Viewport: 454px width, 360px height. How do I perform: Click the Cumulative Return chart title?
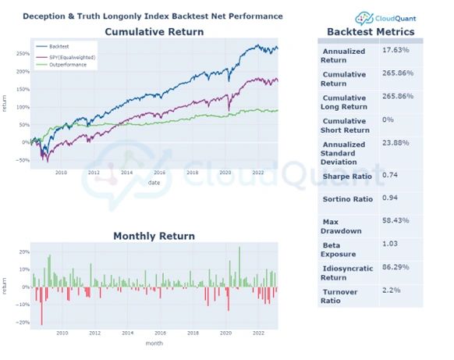click(x=154, y=32)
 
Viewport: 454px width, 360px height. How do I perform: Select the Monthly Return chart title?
click(x=154, y=236)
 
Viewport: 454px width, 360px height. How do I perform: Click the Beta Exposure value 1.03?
click(x=392, y=244)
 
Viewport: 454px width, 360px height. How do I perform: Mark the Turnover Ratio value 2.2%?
click(x=394, y=290)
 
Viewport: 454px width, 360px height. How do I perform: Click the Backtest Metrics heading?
click(x=371, y=32)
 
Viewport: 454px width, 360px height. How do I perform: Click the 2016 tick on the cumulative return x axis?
click(x=160, y=173)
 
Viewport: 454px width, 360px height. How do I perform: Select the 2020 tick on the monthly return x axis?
click(x=225, y=333)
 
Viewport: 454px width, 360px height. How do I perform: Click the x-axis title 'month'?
click(x=154, y=341)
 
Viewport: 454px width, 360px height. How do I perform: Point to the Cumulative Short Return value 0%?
click(x=388, y=119)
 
